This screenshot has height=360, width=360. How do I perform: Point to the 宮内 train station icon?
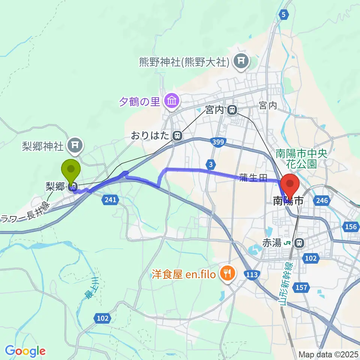[x=233, y=110]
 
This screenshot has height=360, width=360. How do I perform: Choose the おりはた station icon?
[x=176, y=135]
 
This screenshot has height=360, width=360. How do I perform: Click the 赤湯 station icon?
[x=299, y=243]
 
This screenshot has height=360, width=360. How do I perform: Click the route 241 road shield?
[x=110, y=200]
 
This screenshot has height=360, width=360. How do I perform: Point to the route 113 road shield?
[x=252, y=275]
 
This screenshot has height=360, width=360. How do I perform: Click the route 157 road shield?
[x=302, y=288]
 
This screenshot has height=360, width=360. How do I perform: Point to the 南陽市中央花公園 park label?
[x=297, y=158]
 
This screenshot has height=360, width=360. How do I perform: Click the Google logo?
[x=25, y=351]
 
